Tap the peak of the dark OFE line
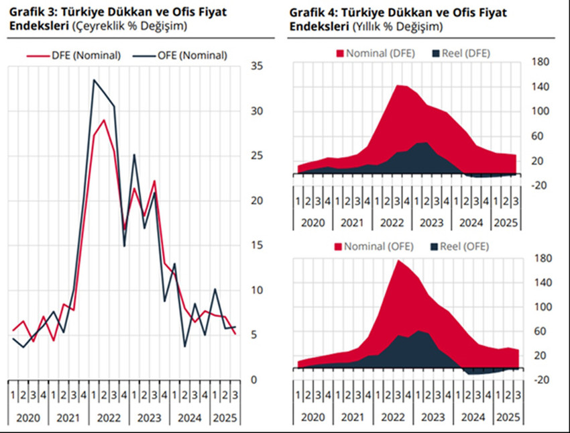(94, 81)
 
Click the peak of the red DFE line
(103, 120)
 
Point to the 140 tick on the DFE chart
(540, 87)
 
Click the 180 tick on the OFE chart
(540, 258)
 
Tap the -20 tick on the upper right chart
(540, 185)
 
